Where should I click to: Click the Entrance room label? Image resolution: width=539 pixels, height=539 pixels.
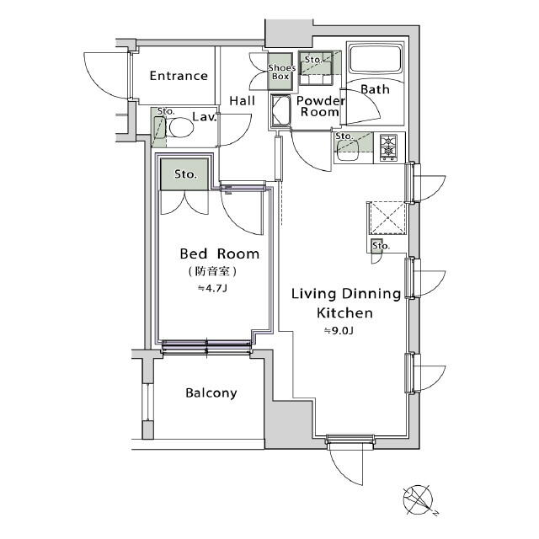[x=179, y=76]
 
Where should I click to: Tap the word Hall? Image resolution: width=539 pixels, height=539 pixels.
[x=243, y=101]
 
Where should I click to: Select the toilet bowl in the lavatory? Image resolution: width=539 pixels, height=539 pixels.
[x=180, y=127]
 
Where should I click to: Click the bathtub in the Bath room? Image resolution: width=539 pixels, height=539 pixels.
[x=376, y=58]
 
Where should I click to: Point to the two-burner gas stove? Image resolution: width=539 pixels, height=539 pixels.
[x=388, y=147]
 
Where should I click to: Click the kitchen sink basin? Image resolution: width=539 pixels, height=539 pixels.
[x=348, y=151]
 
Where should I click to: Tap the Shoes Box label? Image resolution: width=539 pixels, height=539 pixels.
[x=281, y=72]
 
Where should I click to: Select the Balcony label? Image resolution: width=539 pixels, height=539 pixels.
[x=211, y=393]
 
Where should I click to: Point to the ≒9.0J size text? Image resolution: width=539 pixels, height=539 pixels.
[x=339, y=331]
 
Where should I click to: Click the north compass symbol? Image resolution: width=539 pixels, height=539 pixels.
[x=419, y=499]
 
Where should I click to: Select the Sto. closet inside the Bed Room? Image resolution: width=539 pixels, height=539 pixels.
[x=184, y=174]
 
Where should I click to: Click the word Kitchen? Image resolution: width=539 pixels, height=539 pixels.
[x=344, y=313]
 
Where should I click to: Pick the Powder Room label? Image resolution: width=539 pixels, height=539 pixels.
[x=320, y=106]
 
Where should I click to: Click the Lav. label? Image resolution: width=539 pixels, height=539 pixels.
[x=204, y=117]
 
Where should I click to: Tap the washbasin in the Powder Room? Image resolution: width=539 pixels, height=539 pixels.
[x=280, y=110]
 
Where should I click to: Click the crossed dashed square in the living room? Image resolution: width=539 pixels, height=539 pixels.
[x=387, y=218]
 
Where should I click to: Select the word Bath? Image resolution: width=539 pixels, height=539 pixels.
[x=375, y=89]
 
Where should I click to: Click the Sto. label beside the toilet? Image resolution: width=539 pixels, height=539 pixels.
[x=166, y=112]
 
